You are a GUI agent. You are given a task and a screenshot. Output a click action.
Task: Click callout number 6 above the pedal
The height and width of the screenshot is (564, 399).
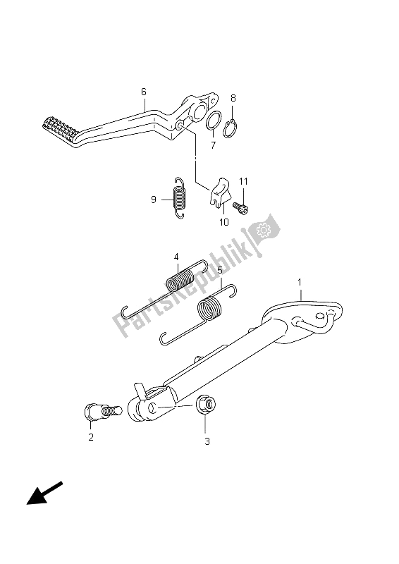pyautogui.click(x=144, y=92)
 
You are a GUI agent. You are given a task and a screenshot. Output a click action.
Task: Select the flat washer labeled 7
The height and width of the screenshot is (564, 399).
pyautogui.click(x=215, y=121)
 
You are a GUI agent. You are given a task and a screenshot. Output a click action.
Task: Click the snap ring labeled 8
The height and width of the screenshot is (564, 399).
pyautogui.click(x=231, y=128)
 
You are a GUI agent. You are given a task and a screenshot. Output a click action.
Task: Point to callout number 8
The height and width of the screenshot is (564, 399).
pyautogui.click(x=233, y=99)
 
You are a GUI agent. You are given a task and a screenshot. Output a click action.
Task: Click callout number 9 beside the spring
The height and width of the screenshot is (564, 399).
pyautogui.click(x=153, y=200)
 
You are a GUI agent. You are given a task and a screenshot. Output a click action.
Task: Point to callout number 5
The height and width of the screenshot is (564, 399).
pyautogui.click(x=219, y=270)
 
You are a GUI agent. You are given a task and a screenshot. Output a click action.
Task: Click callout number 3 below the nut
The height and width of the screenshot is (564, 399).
pyautogui.click(x=207, y=442)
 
